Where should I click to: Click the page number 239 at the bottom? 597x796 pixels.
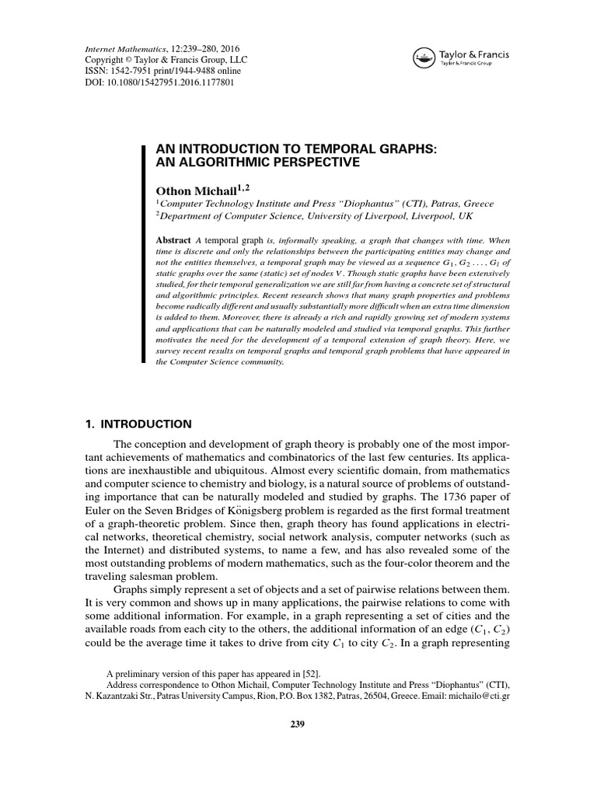[x=298, y=724]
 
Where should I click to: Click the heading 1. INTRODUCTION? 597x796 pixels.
[x=138, y=424]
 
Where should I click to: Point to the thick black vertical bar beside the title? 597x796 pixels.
[x=143, y=254]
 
